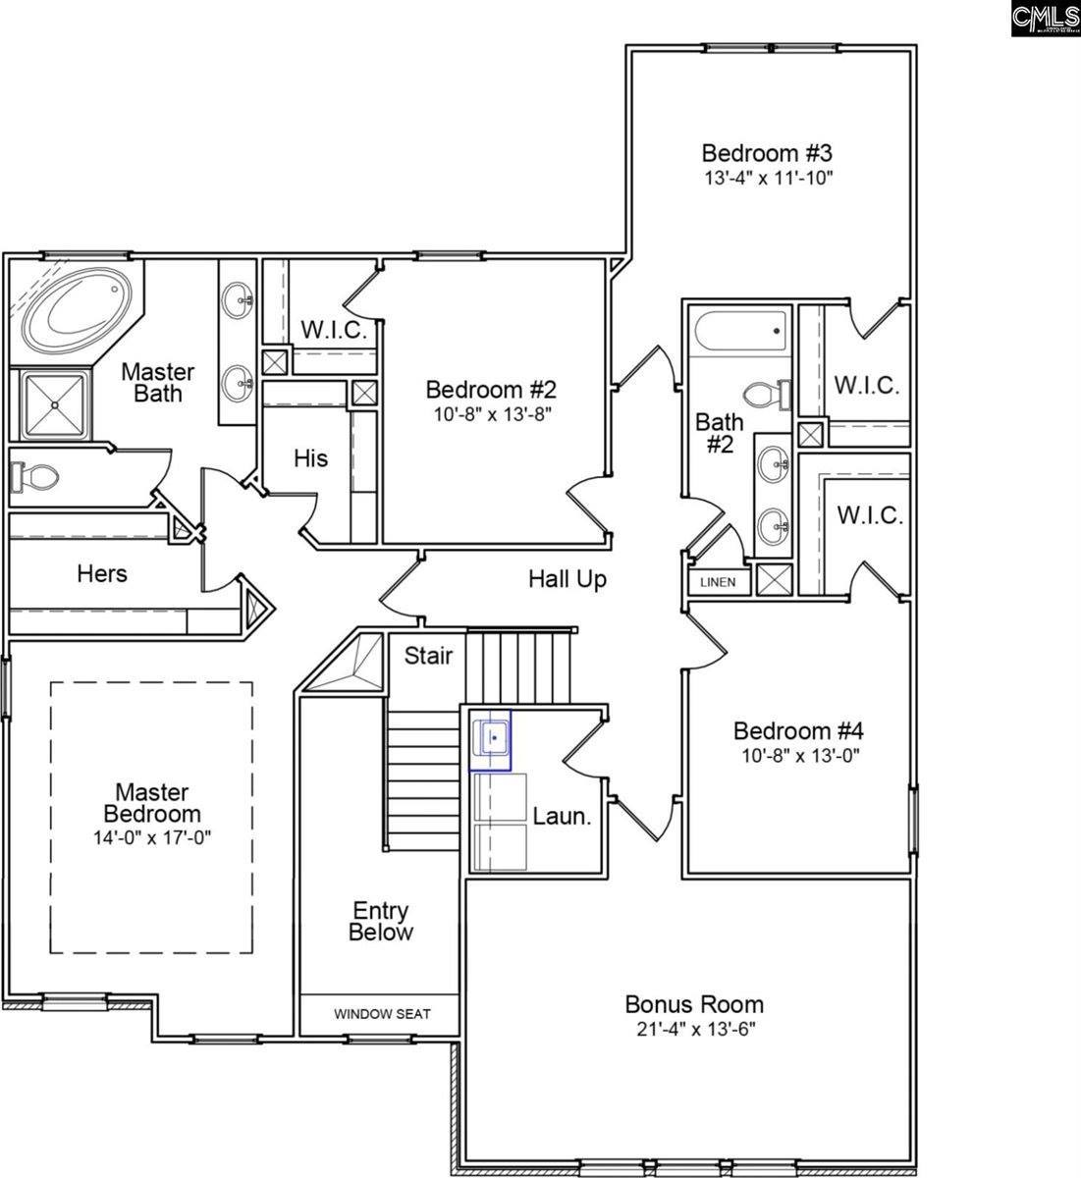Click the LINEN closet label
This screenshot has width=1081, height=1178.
tap(717, 582)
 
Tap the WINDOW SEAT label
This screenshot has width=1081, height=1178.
tap(382, 1014)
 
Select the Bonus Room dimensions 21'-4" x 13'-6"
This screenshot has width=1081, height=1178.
tap(695, 1029)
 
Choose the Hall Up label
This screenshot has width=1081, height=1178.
tap(568, 579)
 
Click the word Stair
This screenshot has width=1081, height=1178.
tap(429, 655)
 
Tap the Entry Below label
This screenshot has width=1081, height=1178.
tap(381, 922)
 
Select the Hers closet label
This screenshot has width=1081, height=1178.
tap(102, 572)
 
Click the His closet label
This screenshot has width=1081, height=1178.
tap(311, 458)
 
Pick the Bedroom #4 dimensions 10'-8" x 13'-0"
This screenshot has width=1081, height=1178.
tap(798, 756)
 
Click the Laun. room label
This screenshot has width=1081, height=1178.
tap(562, 816)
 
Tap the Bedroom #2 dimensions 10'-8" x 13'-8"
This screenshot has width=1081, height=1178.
tap(493, 413)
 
